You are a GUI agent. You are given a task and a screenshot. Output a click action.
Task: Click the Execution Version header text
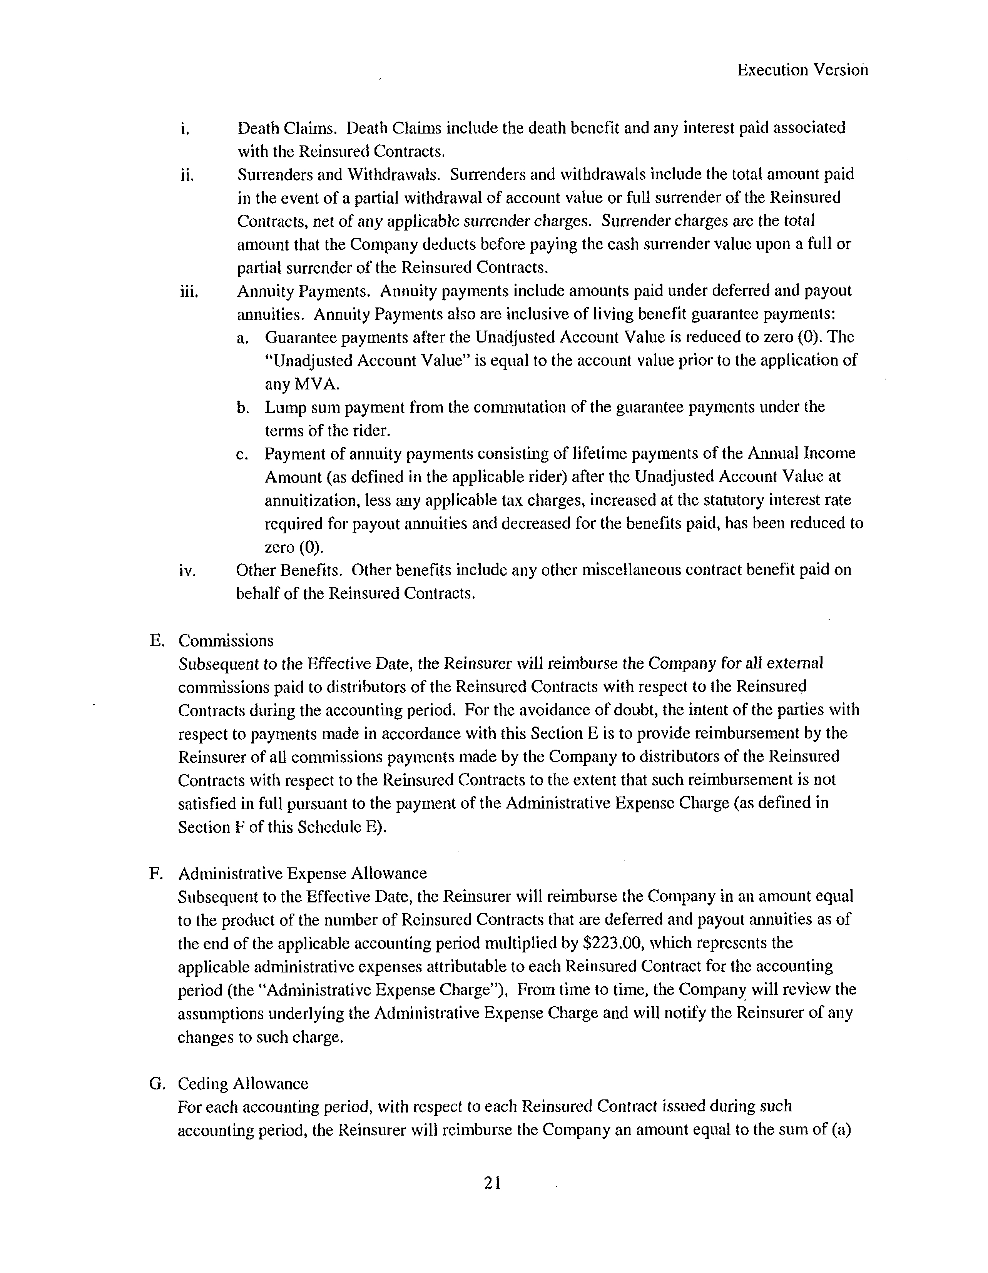point(802,70)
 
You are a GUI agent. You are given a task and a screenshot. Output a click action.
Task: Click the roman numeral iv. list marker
point(187,571)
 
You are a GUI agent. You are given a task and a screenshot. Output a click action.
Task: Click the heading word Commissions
point(226,641)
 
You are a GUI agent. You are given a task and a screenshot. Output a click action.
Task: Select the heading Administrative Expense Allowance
point(303,873)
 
